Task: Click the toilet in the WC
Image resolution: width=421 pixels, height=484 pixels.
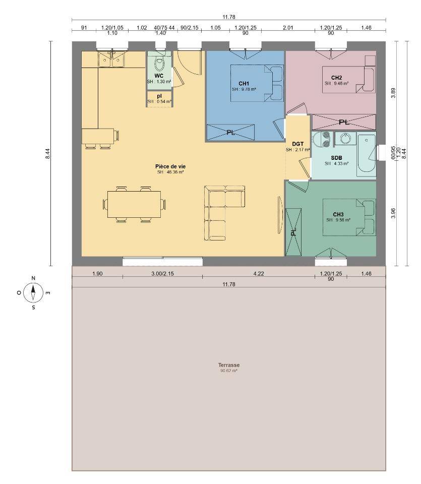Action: pos(159,64)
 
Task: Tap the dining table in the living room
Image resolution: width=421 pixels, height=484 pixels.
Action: pos(134,204)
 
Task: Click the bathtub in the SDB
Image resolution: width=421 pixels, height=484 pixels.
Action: pos(367,155)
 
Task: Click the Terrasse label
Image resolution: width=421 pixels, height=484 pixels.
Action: pos(229,365)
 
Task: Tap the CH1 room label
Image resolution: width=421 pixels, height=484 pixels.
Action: pos(244,83)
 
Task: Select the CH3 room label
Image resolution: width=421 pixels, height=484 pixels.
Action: pos(338,214)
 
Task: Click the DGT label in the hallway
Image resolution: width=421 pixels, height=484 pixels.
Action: pos(298,144)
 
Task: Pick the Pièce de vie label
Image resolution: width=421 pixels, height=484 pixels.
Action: pos(170,166)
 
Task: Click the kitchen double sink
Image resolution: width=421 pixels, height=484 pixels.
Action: pos(111,59)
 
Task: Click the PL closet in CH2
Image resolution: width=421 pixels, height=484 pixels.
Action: pos(344,122)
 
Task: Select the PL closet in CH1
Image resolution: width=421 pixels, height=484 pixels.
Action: pos(230,133)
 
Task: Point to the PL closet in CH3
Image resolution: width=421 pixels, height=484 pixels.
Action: pos(293,232)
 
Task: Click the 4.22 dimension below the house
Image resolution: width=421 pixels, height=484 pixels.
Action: pos(259,273)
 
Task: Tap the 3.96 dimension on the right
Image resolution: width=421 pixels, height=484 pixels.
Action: pos(393,213)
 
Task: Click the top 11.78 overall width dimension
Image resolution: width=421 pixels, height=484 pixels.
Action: pos(229,17)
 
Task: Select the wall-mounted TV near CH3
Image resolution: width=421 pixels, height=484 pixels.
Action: pos(280,215)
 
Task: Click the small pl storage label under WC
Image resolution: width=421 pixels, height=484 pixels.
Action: pos(159,96)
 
